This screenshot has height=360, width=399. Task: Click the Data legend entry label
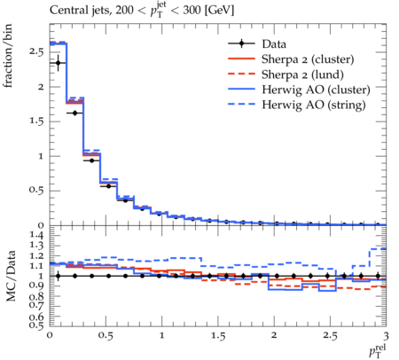pyautogui.click(x=274, y=44)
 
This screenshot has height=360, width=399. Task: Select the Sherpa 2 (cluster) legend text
pyautogui.click(x=308, y=59)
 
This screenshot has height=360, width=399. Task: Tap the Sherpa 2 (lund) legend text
pyautogui.click(x=302, y=74)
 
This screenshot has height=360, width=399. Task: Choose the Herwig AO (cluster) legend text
pyautogui.click(x=316, y=90)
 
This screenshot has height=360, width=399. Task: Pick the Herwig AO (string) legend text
pyautogui.click(x=314, y=105)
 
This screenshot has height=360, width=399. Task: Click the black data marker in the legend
pyautogui.click(x=241, y=43)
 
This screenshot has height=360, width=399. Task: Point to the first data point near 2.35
pyautogui.click(x=59, y=63)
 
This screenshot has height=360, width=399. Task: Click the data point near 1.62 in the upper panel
pyautogui.click(x=74, y=113)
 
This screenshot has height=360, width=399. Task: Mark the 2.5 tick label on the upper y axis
pyautogui.click(x=36, y=52)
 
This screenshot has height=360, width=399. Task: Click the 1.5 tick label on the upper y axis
pyautogui.click(x=36, y=121)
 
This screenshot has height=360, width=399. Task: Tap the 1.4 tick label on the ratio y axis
pyautogui.click(x=36, y=235)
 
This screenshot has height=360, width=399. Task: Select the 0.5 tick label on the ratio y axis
pyautogui.click(x=36, y=325)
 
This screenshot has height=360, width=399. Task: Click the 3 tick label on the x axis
pyautogui.click(x=386, y=336)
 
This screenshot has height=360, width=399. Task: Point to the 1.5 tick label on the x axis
pyautogui.click(x=218, y=336)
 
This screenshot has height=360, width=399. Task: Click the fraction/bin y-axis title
pyautogui.click(x=8, y=56)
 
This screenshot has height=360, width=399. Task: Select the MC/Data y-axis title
pyautogui.click(x=11, y=276)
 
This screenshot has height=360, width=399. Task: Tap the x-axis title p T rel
pyautogui.click(x=378, y=351)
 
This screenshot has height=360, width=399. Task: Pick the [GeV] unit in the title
pyautogui.click(x=219, y=11)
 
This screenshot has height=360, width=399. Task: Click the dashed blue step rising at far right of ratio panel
pyautogui.click(x=370, y=257)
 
